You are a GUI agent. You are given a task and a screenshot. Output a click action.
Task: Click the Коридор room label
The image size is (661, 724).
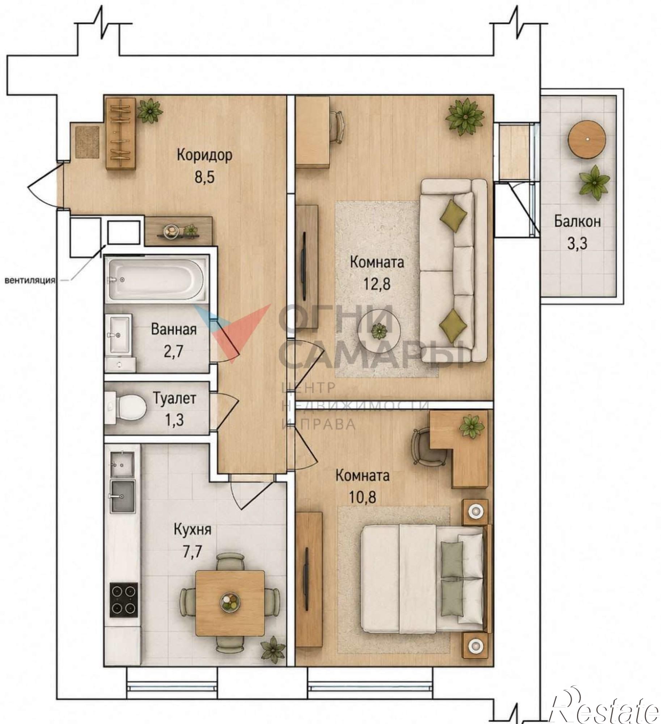[204, 155]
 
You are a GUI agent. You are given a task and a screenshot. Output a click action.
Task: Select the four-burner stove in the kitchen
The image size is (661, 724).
[123, 598]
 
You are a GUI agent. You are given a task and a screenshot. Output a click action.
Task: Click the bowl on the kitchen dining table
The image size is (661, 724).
[230, 601]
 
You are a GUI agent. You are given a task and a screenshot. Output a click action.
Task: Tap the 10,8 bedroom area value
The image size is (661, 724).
[362, 497]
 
